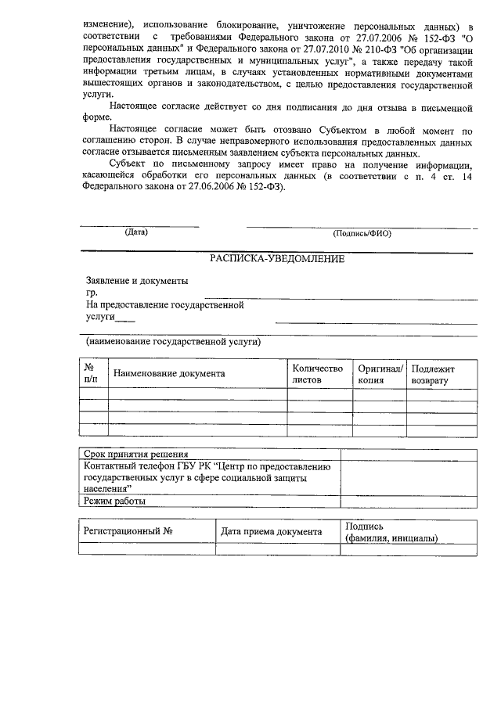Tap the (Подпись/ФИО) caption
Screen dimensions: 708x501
(x=362, y=232)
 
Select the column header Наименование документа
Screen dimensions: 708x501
(x=169, y=374)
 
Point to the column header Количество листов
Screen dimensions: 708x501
(x=317, y=374)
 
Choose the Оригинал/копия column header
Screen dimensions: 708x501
(x=380, y=374)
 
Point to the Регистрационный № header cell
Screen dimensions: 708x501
(x=128, y=532)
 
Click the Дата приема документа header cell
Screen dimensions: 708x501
(x=271, y=532)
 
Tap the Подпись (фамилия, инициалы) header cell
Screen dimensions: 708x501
(x=391, y=532)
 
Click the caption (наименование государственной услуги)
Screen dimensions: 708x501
(x=173, y=342)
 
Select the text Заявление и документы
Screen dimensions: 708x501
(x=137, y=280)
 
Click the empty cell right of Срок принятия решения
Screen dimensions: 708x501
(x=408, y=455)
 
